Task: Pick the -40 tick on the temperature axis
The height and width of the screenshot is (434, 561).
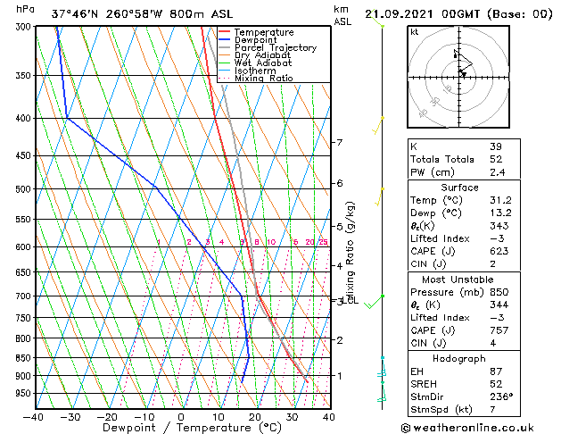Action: (34, 416)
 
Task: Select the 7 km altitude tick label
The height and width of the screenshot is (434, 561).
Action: (339, 143)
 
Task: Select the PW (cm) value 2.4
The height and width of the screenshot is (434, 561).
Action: (496, 172)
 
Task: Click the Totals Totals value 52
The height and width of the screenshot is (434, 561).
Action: (496, 159)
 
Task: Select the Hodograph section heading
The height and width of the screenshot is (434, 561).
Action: (459, 358)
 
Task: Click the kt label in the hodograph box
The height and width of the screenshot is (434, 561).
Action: (414, 31)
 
